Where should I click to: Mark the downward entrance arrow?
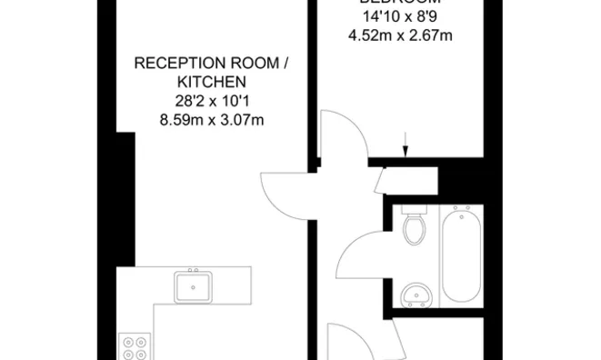406,143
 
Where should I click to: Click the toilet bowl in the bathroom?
416,231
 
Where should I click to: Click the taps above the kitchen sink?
193,272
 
